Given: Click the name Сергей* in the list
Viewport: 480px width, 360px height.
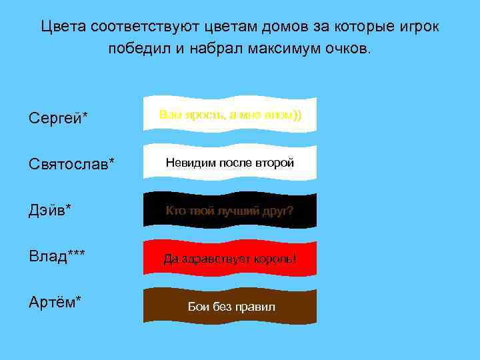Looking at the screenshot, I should (59, 118).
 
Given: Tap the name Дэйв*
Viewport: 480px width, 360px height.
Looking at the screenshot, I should (50, 210).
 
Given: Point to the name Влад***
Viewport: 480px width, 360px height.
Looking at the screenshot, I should (57, 256).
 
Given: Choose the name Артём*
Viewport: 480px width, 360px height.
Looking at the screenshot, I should (55, 302).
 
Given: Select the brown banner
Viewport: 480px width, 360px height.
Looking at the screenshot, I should (230, 305).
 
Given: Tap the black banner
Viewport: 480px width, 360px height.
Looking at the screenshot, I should (230, 210).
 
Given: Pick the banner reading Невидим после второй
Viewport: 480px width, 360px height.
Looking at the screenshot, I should (230, 163).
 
